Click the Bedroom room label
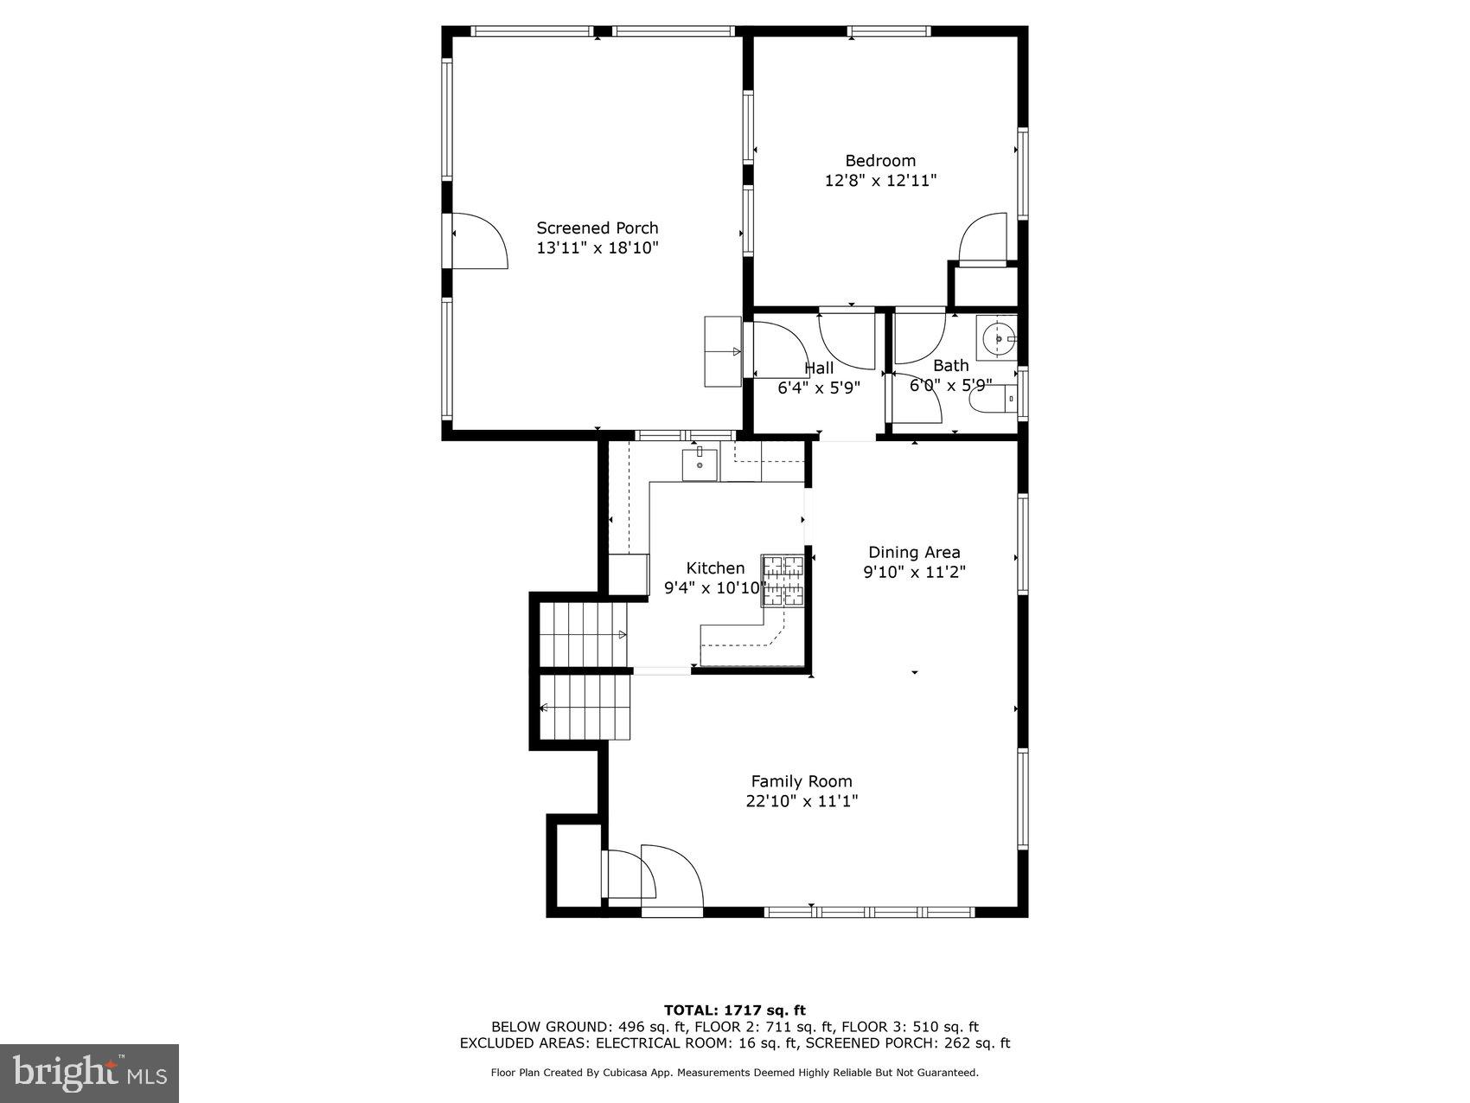[x=879, y=161]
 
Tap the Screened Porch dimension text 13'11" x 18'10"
[x=598, y=248]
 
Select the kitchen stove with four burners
[x=783, y=580]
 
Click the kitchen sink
[x=700, y=465]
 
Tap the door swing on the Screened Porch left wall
[x=477, y=241]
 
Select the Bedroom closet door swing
[x=984, y=238]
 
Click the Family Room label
[x=802, y=781]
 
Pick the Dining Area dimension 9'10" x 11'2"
[x=914, y=572]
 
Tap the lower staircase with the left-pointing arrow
[x=585, y=708]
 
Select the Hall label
[x=819, y=369]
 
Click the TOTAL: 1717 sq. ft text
[x=734, y=1010]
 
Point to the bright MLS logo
[x=90, y=1073]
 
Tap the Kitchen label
[x=715, y=568]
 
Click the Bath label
[x=950, y=366]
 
